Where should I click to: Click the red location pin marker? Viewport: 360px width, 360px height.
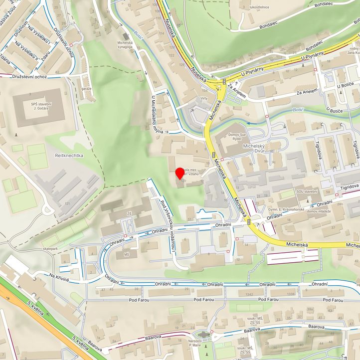click(x=180, y=174)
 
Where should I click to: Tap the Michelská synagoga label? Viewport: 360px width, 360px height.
click(x=132, y=46)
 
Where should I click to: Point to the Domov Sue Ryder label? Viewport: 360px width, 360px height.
click(x=228, y=138)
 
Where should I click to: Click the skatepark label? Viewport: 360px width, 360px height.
click(x=50, y=248)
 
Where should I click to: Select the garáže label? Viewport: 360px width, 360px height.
click(x=86, y=88)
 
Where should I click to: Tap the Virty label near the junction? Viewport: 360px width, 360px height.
click(x=203, y=99)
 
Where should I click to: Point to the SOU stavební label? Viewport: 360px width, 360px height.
click(x=307, y=191)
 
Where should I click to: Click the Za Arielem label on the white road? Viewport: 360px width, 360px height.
click(x=307, y=92)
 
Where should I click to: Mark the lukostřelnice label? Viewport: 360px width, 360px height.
click(x=251, y=7)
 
